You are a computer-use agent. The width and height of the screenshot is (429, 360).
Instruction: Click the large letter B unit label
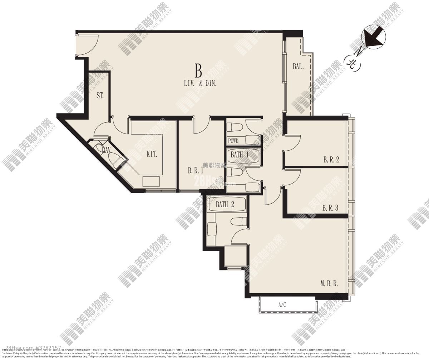[198, 70]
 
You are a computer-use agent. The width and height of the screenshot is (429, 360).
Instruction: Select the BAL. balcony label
[298, 66]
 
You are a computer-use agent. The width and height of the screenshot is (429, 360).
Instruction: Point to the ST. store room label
[100, 96]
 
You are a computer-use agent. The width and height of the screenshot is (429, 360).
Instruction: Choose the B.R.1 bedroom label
[196, 171]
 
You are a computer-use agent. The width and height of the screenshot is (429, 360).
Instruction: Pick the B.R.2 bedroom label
[331, 160]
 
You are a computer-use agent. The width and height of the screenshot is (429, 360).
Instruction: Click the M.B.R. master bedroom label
[329, 284]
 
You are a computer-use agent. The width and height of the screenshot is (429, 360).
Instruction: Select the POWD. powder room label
[234, 141]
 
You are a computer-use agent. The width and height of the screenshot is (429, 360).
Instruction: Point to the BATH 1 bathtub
[243, 155]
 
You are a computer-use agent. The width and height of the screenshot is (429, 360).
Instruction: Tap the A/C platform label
[282, 305]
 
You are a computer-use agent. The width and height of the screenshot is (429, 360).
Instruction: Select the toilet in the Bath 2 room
[238, 222]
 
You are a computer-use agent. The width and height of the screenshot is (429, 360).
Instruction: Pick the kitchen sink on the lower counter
[151, 181]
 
